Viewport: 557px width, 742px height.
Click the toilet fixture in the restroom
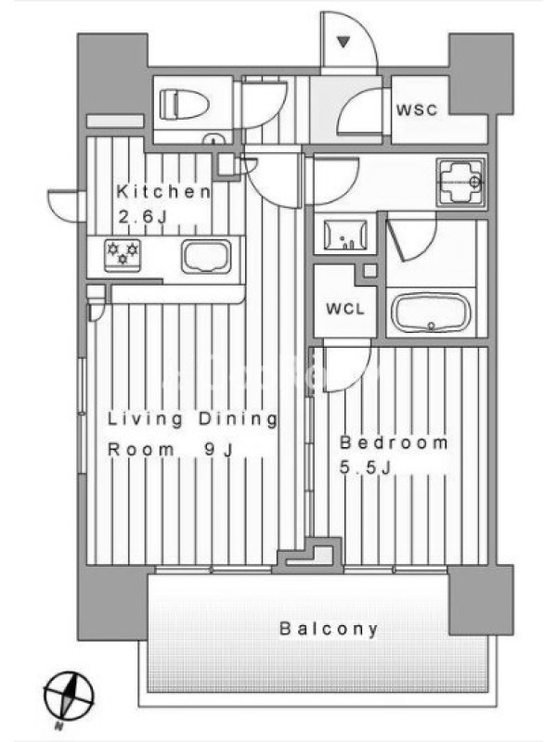click(185, 104)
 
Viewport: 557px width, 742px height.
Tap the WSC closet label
click(417, 109)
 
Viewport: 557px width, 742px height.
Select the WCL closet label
click(345, 309)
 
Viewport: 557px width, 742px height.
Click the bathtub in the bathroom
click(431, 313)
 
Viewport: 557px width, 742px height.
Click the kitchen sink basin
click(206, 256)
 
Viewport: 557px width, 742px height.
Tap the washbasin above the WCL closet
click(345, 235)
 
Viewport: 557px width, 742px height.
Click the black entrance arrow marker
click(343, 42)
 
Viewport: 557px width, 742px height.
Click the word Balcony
click(329, 629)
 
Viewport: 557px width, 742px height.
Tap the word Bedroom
click(394, 442)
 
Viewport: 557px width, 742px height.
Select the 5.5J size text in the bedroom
click(365, 467)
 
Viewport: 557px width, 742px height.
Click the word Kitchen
click(163, 192)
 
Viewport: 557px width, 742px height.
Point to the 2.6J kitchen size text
click(143, 217)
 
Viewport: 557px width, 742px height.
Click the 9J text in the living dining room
click(219, 450)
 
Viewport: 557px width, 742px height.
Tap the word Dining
click(238, 419)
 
